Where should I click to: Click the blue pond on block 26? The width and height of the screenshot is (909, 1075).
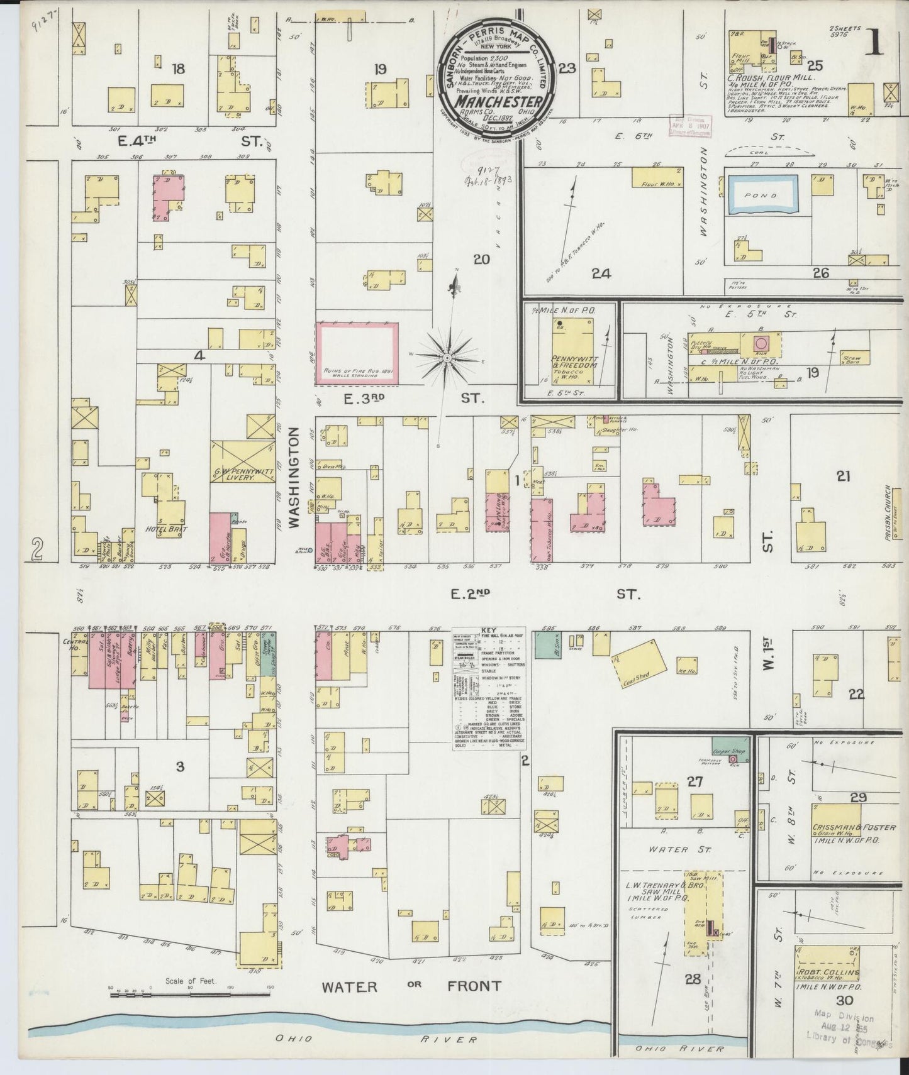(x=762, y=194)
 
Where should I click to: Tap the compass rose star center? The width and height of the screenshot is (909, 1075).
(x=446, y=358)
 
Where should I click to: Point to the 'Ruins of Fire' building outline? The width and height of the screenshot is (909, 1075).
(x=356, y=353)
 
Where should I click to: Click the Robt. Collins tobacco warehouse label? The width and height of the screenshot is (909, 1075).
(x=828, y=972)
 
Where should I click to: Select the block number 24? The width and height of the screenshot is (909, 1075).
(x=601, y=273)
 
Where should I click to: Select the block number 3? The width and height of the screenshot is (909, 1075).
(x=181, y=766)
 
